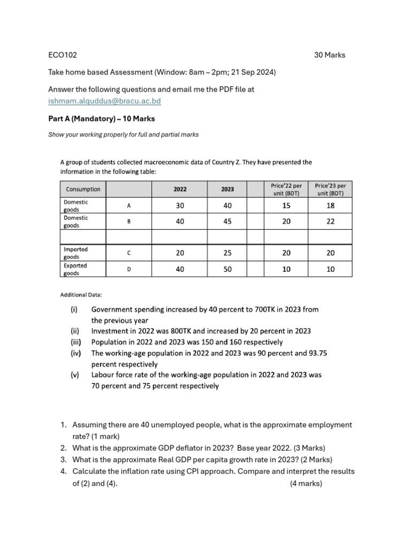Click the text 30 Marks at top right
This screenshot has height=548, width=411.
click(329, 55)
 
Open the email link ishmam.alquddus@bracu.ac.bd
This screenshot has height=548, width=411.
click(104, 101)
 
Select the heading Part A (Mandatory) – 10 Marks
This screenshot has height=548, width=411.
click(102, 118)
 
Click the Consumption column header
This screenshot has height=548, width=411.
click(83, 189)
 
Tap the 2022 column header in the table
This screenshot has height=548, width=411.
click(179, 189)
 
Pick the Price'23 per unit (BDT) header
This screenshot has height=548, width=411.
click(330, 189)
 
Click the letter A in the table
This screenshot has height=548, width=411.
click(128, 205)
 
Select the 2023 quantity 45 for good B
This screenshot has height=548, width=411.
click(227, 222)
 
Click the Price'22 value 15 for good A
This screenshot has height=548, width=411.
click(286, 205)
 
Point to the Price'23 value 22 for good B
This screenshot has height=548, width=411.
click(330, 222)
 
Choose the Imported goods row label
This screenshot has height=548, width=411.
click(75, 253)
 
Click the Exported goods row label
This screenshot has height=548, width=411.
click(75, 269)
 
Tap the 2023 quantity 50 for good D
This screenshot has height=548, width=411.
click(227, 269)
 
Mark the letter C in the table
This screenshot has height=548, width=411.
click(128, 253)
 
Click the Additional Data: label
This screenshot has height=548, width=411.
click(81, 295)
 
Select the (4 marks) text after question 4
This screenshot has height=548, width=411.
click(306, 483)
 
